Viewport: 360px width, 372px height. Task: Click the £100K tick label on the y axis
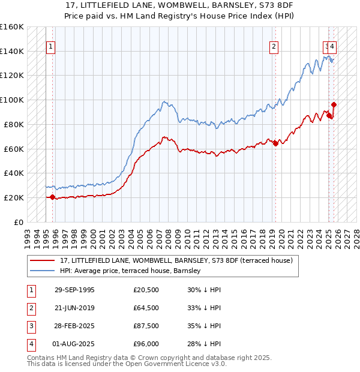tap(11, 100)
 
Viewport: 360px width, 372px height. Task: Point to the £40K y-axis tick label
tap(13, 173)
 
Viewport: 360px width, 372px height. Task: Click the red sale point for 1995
tap(53, 197)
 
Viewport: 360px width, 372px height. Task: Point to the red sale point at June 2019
tap(275, 143)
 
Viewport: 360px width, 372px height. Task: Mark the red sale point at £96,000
tap(334, 104)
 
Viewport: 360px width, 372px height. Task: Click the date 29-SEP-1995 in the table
tap(74, 290)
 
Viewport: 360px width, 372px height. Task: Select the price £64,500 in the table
tap(146, 308)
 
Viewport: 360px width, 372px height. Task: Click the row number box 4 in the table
tap(31, 344)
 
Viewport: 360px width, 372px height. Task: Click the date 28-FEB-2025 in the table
tap(74, 326)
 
